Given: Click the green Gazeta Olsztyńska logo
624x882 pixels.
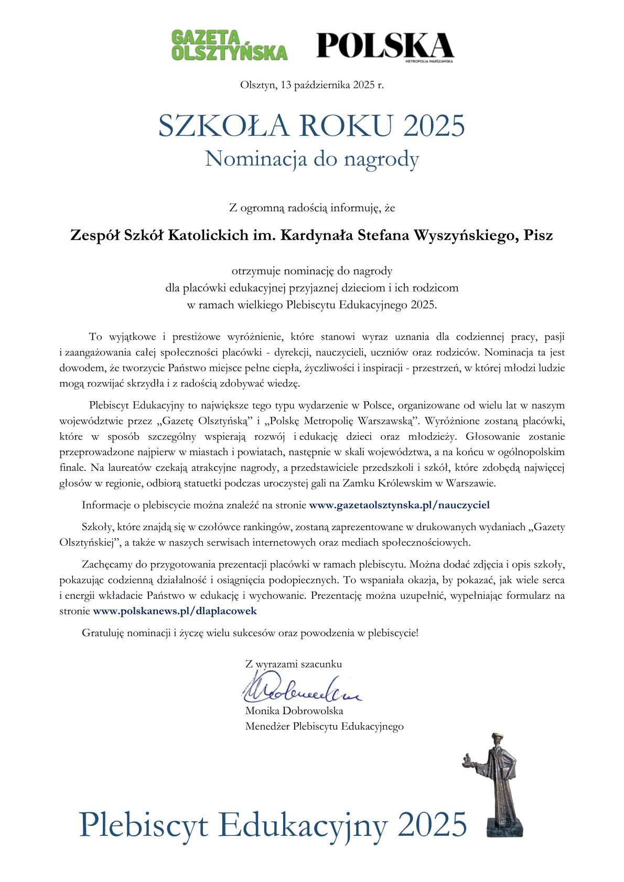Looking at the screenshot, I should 229,45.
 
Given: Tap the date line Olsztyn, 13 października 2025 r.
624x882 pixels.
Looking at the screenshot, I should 311,84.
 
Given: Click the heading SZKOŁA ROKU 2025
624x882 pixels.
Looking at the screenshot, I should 311,126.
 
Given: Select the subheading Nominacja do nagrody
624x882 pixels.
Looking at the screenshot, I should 311,159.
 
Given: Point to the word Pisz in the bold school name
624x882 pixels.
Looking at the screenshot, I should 537,235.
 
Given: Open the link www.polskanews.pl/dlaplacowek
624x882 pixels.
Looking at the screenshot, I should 175,610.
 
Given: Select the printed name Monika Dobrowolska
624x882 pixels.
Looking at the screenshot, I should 294,711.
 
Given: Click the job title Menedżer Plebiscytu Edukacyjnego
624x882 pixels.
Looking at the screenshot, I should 324,726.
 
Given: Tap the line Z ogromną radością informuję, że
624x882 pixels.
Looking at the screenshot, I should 311,208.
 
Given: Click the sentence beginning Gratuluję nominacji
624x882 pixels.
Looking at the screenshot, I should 250,633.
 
